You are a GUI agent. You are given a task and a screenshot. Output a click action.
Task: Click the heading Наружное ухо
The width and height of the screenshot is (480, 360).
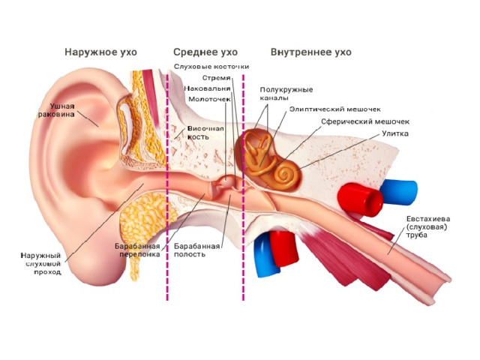100,52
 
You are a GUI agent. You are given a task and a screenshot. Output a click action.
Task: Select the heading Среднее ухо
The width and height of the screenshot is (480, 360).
205,52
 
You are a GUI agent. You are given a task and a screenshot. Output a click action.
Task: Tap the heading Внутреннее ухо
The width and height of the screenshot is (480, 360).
311,52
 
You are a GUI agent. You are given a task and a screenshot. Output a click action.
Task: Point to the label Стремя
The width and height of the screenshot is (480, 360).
216,78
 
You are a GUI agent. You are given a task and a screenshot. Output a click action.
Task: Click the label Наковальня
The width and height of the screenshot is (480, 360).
207,88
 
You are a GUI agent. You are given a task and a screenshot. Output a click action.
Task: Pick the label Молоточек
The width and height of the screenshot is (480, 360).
209,99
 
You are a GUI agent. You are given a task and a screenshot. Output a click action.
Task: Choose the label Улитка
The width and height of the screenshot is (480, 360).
395,133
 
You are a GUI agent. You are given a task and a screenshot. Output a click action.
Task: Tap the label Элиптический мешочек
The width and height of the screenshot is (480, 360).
335,109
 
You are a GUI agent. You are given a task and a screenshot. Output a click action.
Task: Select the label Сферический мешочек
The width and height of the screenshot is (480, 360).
365,121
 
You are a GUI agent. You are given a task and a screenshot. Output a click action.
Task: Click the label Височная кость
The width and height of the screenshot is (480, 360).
205,133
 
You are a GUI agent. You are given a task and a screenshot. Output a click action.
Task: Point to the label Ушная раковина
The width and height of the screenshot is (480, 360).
56,110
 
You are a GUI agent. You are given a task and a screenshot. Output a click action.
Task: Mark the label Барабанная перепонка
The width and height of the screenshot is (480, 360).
137,250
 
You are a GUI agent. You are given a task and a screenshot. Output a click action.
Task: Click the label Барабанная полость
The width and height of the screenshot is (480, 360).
196,250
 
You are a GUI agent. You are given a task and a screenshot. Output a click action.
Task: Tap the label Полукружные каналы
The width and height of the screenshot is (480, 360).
286,94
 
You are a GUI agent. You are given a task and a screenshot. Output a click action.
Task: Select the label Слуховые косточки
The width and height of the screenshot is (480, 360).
211,67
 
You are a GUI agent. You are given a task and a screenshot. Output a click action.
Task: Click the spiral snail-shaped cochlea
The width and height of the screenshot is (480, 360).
286,175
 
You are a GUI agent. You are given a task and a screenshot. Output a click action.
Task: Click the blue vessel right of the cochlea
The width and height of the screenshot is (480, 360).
398,192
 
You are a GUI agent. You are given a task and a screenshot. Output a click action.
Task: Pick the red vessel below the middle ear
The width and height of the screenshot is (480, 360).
284,248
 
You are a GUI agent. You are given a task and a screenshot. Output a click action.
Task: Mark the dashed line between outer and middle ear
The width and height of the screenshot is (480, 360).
167,187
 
